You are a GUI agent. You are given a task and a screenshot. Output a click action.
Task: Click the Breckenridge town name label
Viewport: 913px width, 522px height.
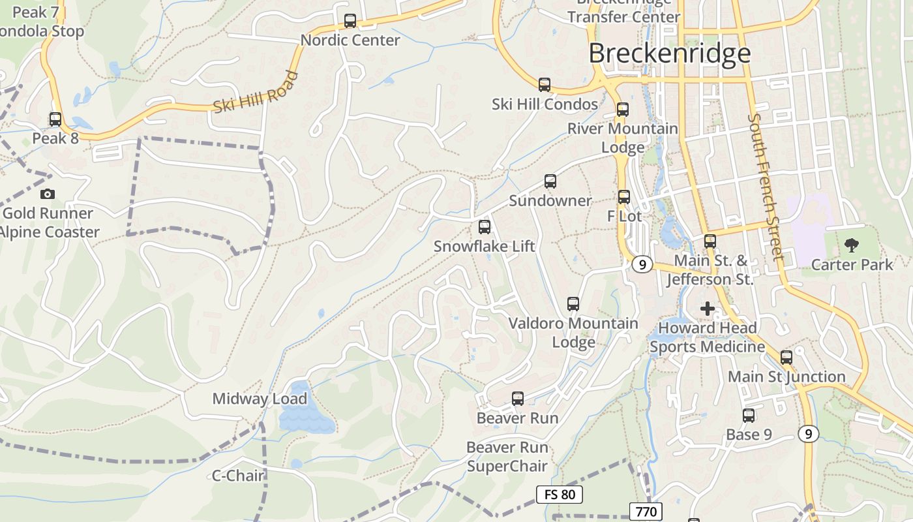tap(670, 54)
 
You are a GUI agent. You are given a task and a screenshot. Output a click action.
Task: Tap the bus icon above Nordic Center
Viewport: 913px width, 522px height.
tap(350, 21)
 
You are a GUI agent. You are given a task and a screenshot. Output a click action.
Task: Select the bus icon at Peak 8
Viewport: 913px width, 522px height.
tap(55, 119)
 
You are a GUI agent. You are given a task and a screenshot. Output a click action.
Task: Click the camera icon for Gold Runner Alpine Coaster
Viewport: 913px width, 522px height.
tap(47, 194)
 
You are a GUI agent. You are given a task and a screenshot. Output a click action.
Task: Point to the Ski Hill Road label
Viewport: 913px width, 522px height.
tap(256, 93)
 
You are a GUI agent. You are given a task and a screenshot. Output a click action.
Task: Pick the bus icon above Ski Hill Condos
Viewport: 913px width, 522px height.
tap(545, 85)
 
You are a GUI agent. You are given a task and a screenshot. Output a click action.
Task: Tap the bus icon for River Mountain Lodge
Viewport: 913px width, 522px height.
tap(623, 109)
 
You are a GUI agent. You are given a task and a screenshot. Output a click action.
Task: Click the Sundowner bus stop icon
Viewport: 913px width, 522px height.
tap(550, 181)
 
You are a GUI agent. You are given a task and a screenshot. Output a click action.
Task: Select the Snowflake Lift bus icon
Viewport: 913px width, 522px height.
tap(484, 227)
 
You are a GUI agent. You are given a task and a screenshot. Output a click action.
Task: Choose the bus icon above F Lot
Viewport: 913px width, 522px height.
tap(624, 196)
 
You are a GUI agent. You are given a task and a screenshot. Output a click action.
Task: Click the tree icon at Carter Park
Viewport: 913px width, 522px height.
tap(851, 245)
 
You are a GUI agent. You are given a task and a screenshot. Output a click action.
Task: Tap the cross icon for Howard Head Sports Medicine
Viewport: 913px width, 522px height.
tap(708, 308)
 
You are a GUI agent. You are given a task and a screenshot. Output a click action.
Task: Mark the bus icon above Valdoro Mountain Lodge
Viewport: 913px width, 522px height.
tap(573, 304)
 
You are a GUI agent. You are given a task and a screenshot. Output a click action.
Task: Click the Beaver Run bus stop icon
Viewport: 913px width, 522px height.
tap(518, 398)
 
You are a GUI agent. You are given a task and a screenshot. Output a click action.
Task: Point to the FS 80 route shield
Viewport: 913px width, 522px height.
tap(560, 494)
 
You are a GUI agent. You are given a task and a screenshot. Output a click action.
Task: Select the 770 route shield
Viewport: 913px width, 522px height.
tap(646, 512)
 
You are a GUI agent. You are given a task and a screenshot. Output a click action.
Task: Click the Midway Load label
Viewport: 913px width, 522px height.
tap(260, 399)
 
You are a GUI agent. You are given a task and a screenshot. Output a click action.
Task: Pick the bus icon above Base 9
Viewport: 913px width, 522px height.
tap(749, 416)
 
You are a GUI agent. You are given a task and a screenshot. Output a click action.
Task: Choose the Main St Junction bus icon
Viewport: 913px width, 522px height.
tap(786, 358)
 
